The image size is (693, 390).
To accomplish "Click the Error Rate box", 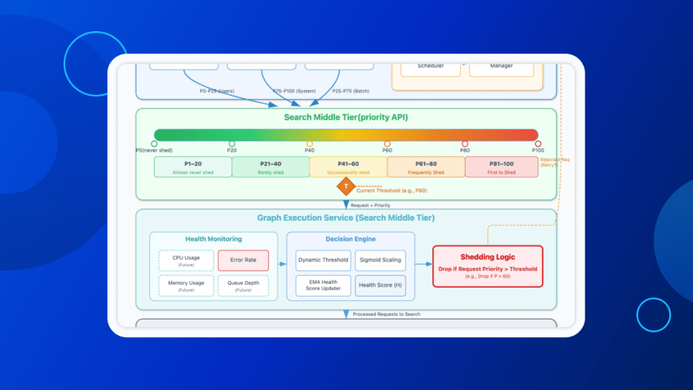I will pos(243,261).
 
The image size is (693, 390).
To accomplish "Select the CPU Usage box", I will pos(186,261).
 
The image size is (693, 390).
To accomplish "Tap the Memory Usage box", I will pos(186,285).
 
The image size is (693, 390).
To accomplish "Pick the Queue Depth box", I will pos(243,285).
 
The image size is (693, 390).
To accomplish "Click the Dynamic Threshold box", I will pos(323,260).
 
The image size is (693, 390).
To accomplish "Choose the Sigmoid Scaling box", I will pos(380,260).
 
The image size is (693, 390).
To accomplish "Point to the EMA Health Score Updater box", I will pos(323,285).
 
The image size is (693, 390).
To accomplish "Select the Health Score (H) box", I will pos(380,285).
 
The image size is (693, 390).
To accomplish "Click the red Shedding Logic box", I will pos(487,266).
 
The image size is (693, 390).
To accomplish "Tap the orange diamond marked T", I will pos(346,186).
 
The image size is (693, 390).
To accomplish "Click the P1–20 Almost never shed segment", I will pos(193,167).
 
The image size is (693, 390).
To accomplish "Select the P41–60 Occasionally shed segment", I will pos(348,167).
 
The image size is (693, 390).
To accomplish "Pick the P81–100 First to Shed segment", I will pos(503,167).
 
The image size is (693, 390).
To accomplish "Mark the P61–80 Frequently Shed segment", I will pos(426,167).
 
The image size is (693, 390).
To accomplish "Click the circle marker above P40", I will pos(309,144).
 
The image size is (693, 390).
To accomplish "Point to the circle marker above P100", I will pos(538,144).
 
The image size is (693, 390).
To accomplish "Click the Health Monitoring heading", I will pos(213,239).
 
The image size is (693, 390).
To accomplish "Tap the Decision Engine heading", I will pos(351,239).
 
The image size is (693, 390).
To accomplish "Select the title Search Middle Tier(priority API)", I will pos(346,117).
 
